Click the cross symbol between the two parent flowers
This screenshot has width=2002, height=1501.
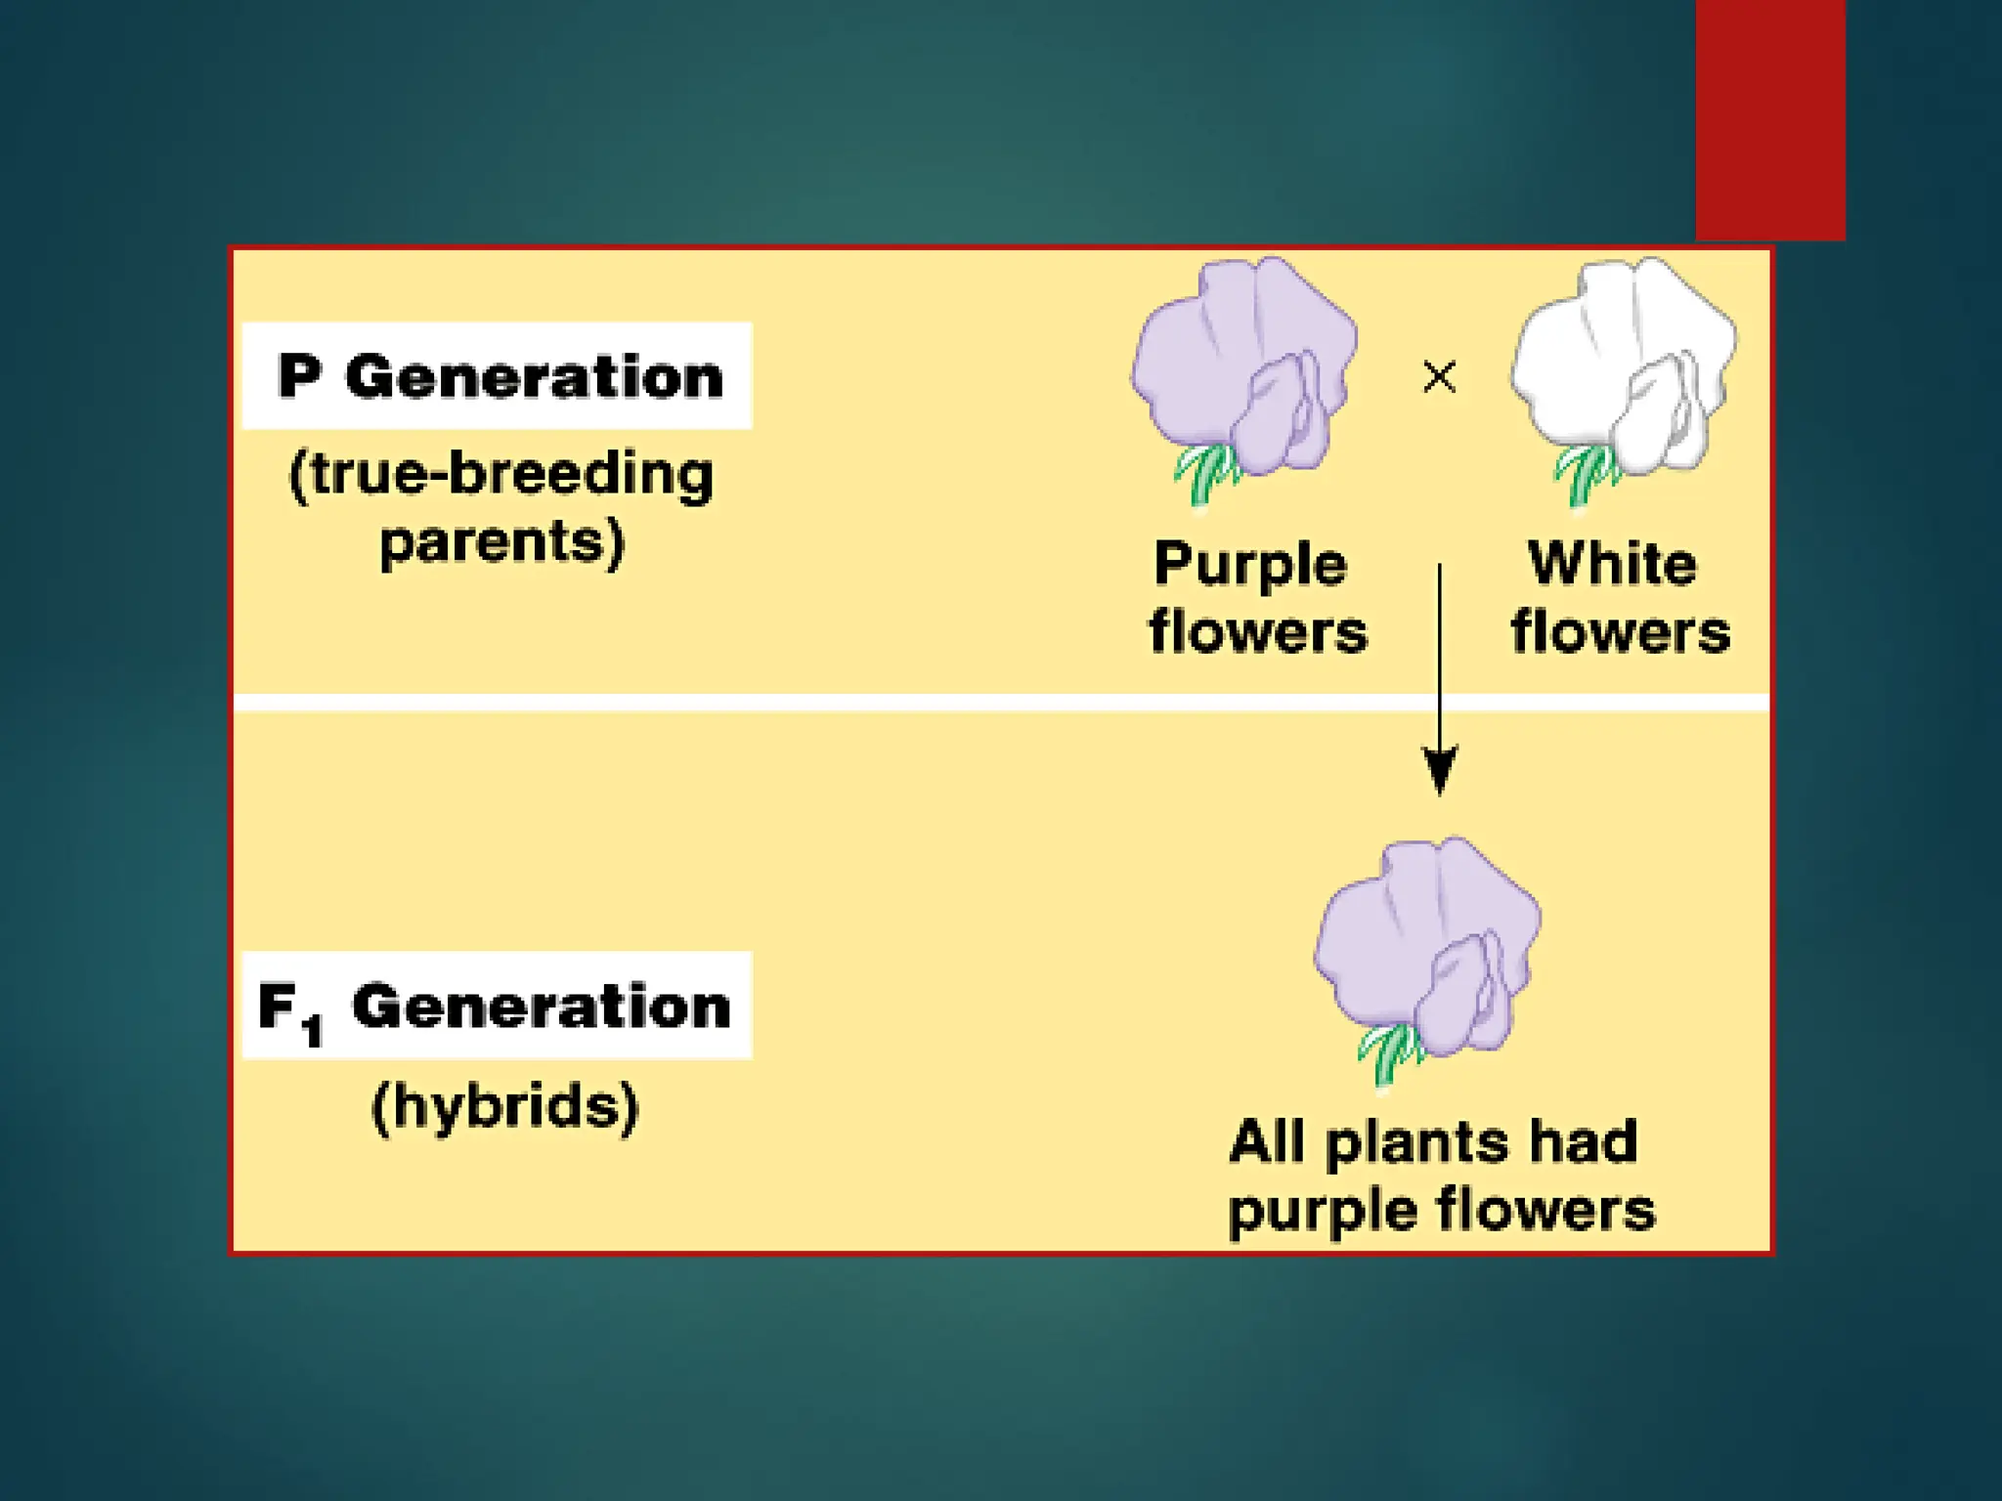(x=1439, y=376)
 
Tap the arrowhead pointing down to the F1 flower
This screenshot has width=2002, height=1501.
(x=1439, y=770)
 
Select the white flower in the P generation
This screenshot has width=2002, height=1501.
(x=1623, y=366)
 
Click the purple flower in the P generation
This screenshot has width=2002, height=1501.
(x=1243, y=366)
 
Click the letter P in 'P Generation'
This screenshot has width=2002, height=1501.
(x=299, y=376)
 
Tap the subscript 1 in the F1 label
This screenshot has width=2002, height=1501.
(x=313, y=1030)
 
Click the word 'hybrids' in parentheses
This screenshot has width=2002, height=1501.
(x=505, y=1107)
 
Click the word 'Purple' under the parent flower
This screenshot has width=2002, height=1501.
(x=1250, y=566)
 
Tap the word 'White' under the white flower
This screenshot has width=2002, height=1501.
(x=1612, y=564)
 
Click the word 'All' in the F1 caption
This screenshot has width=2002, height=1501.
(x=1266, y=1141)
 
